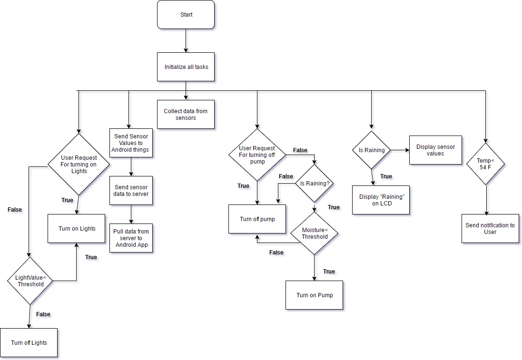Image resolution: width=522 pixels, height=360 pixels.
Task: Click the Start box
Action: pos(186,15)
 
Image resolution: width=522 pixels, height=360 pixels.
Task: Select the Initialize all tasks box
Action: pos(186,67)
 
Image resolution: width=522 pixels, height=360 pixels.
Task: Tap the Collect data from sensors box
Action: pos(186,115)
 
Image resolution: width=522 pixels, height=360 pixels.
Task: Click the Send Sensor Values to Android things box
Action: pos(131,143)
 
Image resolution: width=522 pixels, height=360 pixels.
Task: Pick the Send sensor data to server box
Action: pos(131,191)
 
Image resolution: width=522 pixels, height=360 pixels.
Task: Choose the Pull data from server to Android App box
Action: pos(131,238)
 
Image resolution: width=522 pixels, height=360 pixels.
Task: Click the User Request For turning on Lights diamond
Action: pos(79,165)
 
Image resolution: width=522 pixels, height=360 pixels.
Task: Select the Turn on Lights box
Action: pos(77,229)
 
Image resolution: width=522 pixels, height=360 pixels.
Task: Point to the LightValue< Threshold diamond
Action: pos(30,281)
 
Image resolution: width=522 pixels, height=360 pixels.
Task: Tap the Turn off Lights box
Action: pos(29,343)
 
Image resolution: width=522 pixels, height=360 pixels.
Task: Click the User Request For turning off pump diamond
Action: pos(257,155)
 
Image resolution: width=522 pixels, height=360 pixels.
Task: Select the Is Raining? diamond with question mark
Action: pos(314,183)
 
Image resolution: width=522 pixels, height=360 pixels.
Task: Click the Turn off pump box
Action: pos(257,219)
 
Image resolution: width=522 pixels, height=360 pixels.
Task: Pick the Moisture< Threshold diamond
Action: pos(314,233)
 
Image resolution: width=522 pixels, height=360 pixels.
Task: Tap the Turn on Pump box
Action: pos(314,295)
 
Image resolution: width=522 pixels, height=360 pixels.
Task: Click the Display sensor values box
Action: pos(435,150)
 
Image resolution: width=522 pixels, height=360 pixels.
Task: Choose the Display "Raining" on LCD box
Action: pos(381,200)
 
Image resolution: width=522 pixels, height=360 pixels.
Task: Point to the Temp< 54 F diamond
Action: pos(485,164)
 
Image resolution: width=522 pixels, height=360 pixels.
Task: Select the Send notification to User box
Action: pos(490,229)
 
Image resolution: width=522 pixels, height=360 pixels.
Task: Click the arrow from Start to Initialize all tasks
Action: pos(186,40)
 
